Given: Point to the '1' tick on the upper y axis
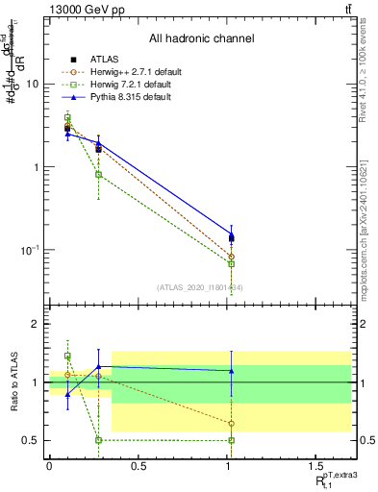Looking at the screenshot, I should pyautogui.click(x=36, y=167).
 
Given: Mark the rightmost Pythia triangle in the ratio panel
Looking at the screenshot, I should pyautogui.click(x=231, y=371).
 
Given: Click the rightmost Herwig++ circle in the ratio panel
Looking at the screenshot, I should pyautogui.click(x=231, y=423).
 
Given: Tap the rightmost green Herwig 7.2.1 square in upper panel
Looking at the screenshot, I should pyautogui.click(x=231, y=263).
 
